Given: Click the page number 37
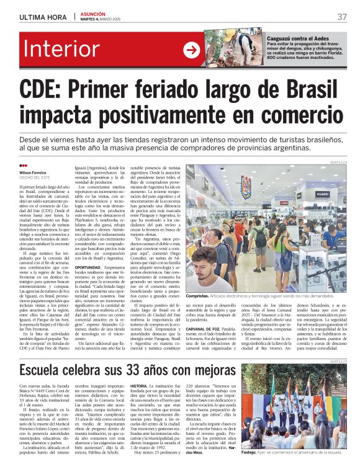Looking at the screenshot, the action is (341, 17).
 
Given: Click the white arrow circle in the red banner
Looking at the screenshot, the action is (191, 50).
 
